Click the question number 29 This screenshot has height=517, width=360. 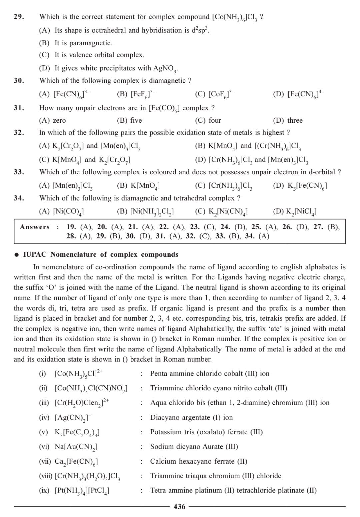[x=19, y=17]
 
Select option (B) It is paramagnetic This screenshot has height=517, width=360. [x=76, y=43]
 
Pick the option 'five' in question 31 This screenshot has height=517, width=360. [x=129, y=120]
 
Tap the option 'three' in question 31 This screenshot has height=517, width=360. [x=288, y=120]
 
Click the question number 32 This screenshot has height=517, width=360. [x=19, y=132]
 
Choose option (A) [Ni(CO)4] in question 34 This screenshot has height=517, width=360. [x=61, y=211]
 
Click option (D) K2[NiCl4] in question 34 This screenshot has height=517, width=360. [x=295, y=211]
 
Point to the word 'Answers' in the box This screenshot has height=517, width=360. [x=35, y=227]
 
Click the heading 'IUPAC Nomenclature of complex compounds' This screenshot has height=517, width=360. [x=100, y=254]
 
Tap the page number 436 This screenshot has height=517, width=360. [x=180, y=507]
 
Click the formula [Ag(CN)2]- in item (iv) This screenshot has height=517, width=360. [x=73, y=417]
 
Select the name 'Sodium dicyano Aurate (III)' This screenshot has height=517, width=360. [x=194, y=447]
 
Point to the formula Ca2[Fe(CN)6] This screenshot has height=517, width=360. [x=76, y=462]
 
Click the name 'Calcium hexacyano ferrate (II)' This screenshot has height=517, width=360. [x=199, y=461]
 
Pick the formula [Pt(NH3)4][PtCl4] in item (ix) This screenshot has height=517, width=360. [x=82, y=491]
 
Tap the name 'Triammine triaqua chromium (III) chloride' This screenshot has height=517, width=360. [x=216, y=476]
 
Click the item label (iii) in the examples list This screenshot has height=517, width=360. [x=44, y=403]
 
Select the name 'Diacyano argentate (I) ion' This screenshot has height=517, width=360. [x=191, y=417]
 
